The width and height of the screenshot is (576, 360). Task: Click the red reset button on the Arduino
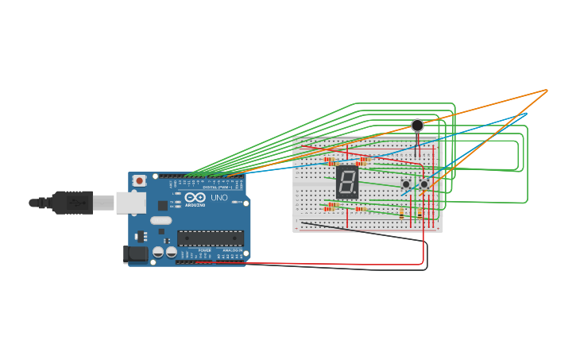click(140, 181)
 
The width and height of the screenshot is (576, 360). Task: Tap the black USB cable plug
click(72, 203)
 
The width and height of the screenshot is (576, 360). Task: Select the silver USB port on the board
click(130, 203)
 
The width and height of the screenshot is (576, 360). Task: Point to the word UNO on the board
click(219, 197)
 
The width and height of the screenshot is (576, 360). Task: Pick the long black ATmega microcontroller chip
click(210, 238)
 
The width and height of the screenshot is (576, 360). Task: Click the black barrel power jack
click(136, 254)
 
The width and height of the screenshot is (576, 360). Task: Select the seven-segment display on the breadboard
click(347, 182)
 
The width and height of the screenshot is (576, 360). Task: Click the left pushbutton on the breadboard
click(406, 184)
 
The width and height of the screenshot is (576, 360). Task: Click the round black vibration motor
click(417, 126)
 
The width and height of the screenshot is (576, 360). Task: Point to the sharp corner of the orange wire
click(547, 90)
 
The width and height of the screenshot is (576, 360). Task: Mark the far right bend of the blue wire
click(526, 114)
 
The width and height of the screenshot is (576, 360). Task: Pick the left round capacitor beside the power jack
click(158, 252)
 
